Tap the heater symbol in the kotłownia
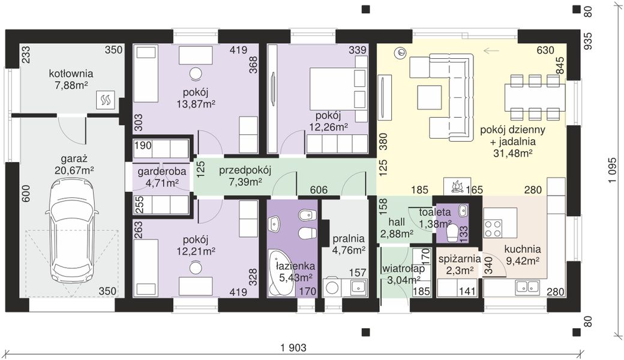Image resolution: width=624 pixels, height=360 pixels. point(106,100)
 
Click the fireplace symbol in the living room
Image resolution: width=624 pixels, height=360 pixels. point(457,186)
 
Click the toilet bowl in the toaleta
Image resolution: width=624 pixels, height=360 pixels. point(452,233)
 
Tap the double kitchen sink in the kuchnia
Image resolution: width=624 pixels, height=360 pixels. point(527,286)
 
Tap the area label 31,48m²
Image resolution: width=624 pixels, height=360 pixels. point(513,153)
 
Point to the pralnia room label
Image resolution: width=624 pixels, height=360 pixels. point(349,239)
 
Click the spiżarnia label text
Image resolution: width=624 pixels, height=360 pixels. point(460,259)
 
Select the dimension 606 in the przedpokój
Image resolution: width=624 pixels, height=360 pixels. point(319,190)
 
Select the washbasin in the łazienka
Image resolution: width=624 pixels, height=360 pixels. point(275,224)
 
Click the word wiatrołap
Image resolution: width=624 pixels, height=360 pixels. point(403,269)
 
